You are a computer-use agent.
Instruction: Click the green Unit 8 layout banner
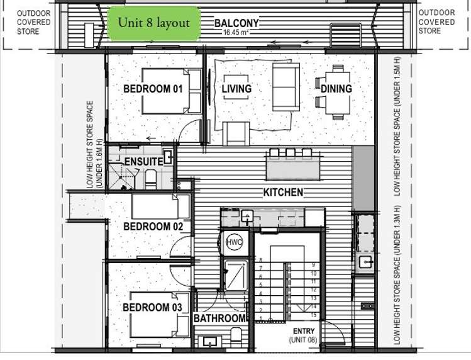[x=154, y=23]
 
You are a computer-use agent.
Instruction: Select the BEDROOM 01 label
[x=153, y=89]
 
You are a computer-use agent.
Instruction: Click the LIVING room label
[x=236, y=89]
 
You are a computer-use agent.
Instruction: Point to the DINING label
[x=336, y=89]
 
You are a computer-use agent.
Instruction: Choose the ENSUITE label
[x=143, y=162]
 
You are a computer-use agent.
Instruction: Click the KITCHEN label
[x=283, y=192]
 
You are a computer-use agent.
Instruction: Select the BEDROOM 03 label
[x=152, y=307]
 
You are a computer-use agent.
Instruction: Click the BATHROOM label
[x=219, y=318]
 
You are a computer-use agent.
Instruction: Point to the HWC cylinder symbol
[x=234, y=242]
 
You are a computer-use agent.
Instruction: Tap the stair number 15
[x=313, y=314]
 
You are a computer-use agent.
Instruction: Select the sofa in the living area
[x=286, y=87]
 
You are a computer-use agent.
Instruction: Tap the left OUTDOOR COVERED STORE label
[x=28, y=22]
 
